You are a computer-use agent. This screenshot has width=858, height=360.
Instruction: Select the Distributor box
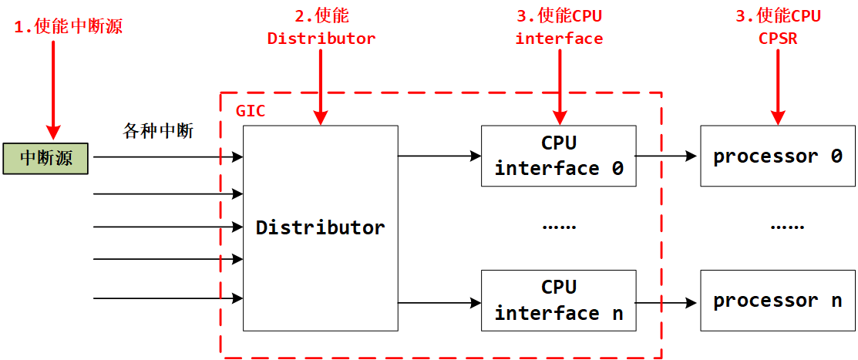(320, 227)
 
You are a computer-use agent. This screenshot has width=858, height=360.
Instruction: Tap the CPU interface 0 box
(559, 156)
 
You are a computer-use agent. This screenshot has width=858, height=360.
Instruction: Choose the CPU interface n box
(559, 301)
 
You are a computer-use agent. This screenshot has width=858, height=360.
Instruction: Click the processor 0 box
(777, 156)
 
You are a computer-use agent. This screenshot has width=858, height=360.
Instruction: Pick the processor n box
(777, 301)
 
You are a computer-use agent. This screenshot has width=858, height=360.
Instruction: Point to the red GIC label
(250, 111)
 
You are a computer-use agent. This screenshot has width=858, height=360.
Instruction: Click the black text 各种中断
(158, 131)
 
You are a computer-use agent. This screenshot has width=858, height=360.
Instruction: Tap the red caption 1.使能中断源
(69, 26)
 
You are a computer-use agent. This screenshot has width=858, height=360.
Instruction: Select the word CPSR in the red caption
(777, 39)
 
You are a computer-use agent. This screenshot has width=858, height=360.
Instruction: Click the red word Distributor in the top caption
(321, 39)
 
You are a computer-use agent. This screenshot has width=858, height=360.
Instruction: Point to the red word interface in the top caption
(559, 39)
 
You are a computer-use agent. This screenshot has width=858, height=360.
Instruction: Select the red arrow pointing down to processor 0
(778, 85)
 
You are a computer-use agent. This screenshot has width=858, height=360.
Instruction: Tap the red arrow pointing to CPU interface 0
(560, 85)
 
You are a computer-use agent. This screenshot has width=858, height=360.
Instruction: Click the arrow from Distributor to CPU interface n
(439, 302)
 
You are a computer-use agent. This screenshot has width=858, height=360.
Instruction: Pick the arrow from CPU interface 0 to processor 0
(667, 156)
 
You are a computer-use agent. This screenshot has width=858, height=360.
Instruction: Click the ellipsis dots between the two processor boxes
(787, 227)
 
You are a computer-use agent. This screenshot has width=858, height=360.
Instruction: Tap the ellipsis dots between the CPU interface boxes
(560, 227)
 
